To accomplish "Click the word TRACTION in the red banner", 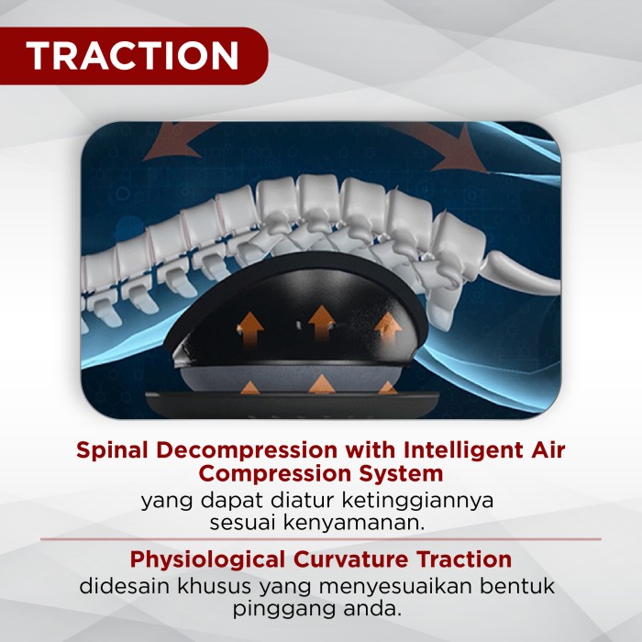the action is [132, 55].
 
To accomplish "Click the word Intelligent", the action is [463, 450].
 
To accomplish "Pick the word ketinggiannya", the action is [417, 501].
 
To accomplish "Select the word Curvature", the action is [351, 559].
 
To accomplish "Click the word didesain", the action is [124, 585].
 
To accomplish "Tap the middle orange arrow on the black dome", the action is [322, 323].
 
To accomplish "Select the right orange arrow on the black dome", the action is [387, 327].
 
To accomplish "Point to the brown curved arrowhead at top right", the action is [459, 152].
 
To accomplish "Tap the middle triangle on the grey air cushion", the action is [322, 383].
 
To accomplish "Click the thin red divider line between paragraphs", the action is [321, 539].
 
